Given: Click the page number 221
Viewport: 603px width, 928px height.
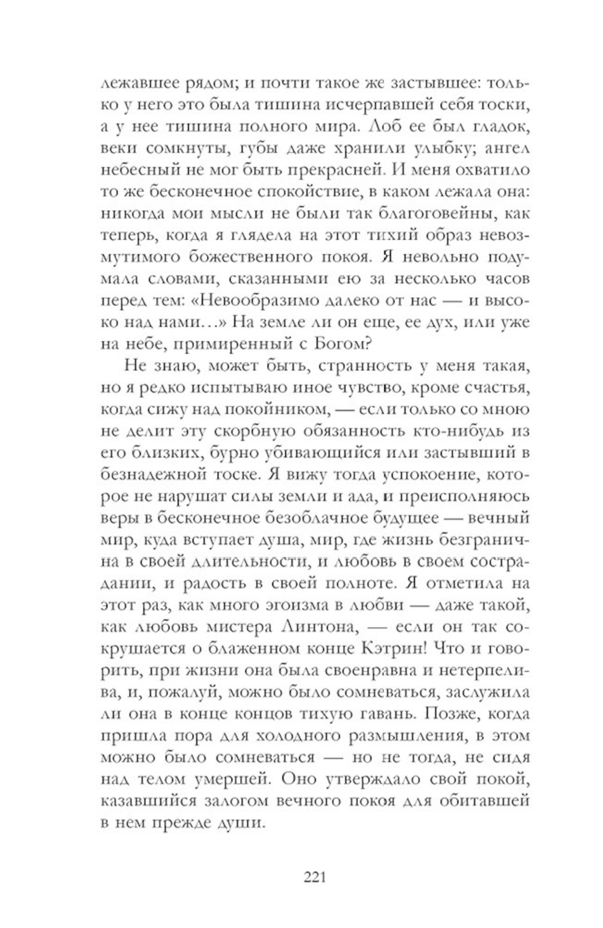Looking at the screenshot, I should click(x=314, y=876).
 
